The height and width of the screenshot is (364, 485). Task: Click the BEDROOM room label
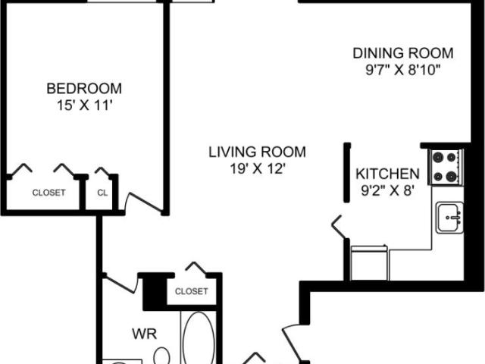pyautogui.click(x=84, y=89)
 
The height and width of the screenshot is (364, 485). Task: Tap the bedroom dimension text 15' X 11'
pyautogui.click(x=84, y=105)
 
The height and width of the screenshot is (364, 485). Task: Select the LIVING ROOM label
pyautogui.click(x=258, y=152)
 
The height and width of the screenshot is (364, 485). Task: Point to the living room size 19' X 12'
pyautogui.click(x=258, y=169)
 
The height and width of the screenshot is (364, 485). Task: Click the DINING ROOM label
pyautogui.click(x=403, y=53)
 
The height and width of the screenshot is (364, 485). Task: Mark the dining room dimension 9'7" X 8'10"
pyautogui.click(x=403, y=70)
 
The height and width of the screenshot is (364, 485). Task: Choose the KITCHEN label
pyautogui.click(x=387, y=174)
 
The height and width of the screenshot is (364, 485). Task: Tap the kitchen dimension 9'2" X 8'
pyautogui.click(x=387, y=190)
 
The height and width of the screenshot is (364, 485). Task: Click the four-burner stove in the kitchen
pyautogui.click(x=446, y=167)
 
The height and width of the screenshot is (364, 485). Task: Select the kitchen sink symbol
pyautogui.click(x=449, y=218)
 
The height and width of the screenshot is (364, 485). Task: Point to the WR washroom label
pyautogui.click(x=145, y=334)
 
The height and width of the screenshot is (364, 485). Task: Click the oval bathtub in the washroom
pyautogui.click(x=199, y=338)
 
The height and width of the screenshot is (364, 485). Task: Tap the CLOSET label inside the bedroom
pyautogui.click(x=48, y=193)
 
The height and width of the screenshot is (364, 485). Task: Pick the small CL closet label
pyautogui.click(x=102, y=193)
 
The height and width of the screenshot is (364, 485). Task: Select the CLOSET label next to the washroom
pyautogui.click(x=192, y=291)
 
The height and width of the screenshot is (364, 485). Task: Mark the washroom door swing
pyautogui.click(x=120, y=283)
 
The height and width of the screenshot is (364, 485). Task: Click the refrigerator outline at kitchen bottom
pyautogui.click(x=369, y=263)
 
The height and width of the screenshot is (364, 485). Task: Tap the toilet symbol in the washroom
pyautogui.click(x=161, y=356)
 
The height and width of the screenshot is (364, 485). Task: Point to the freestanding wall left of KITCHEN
pyautogui.click(x=347, y=173)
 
